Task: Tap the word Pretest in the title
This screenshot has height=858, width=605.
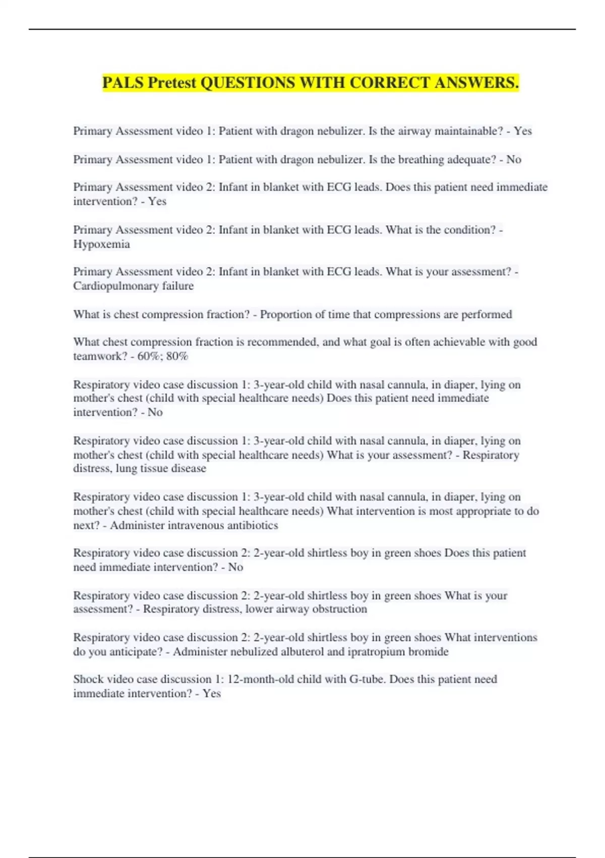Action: click(x=172, y=82)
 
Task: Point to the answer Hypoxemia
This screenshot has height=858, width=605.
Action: click(x=101, y=244)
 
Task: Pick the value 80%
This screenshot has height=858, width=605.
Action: click(x=177, y=356)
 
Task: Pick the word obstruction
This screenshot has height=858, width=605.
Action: click(x=340, y=609)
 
